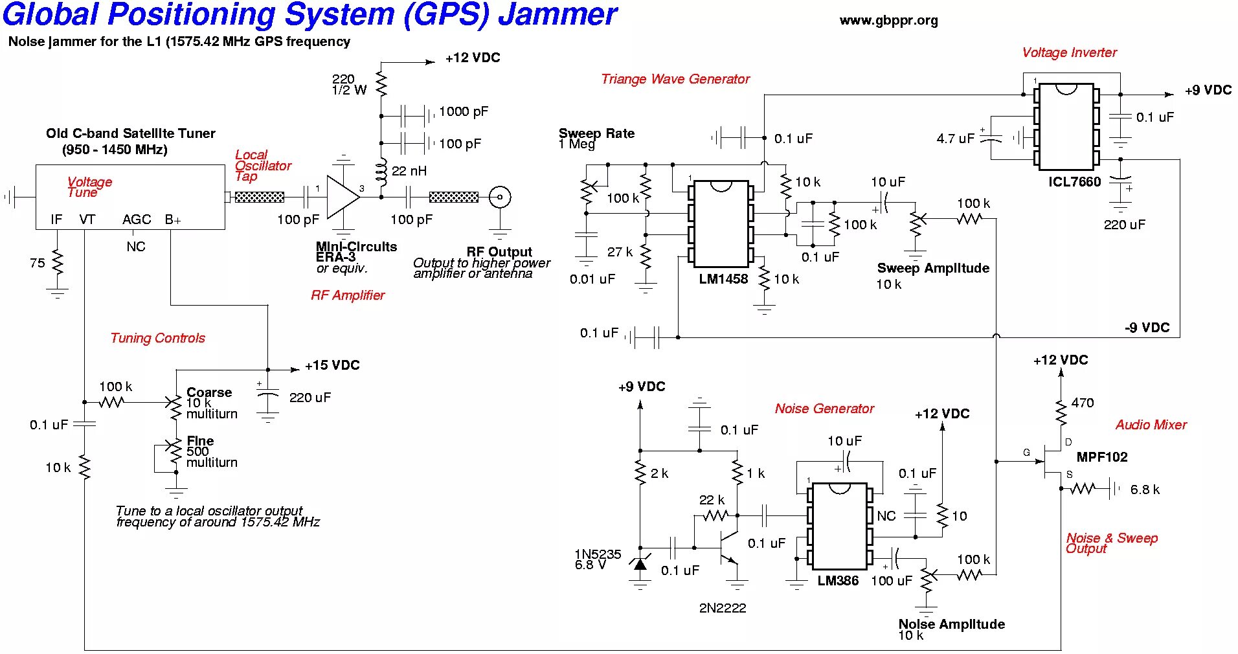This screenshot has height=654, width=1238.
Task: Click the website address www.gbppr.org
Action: pos(888,21)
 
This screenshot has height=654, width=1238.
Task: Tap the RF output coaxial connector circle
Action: pos(499,197)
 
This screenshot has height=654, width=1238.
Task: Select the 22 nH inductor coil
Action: pos(381,172)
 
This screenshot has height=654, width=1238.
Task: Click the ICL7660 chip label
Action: pos(1074,182)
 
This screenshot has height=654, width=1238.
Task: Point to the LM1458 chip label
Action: pos(723,279)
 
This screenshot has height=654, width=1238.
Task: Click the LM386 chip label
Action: pos(837,581)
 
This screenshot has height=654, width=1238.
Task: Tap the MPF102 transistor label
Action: pos(1102,457)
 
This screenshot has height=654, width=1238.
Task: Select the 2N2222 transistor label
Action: pos(723,608)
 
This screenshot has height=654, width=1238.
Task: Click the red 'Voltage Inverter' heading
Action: pos(1069,52)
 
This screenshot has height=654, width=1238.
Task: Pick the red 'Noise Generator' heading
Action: pos(824,409)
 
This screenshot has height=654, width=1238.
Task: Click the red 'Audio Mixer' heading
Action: pos(1151,425)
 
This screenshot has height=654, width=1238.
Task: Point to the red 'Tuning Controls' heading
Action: pos(157,338)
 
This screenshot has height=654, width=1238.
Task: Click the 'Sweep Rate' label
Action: pos(596,133)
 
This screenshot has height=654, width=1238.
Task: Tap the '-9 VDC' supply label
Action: pos(1147,328)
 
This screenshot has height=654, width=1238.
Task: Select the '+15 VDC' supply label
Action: pos(332,365)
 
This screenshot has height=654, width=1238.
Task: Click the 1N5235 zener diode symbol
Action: pos(640,564)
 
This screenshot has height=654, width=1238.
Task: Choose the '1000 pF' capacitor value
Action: pos(464,111)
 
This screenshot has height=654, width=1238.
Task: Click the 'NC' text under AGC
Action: pos(136,247)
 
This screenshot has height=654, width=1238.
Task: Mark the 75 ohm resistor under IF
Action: pos(58,263)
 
